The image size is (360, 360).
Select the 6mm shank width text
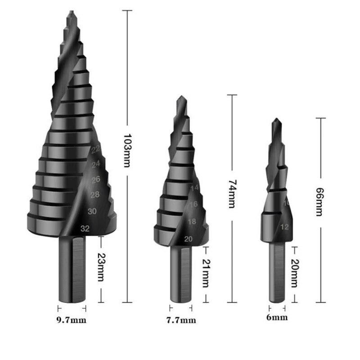[x=277, y=318]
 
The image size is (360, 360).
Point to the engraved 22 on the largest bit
[x=95, y=150]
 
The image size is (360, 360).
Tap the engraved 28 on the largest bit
[x=95, y=194]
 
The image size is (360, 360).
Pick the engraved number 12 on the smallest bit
[x=284, y=226]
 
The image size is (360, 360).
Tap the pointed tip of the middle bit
[x=180, y=97]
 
